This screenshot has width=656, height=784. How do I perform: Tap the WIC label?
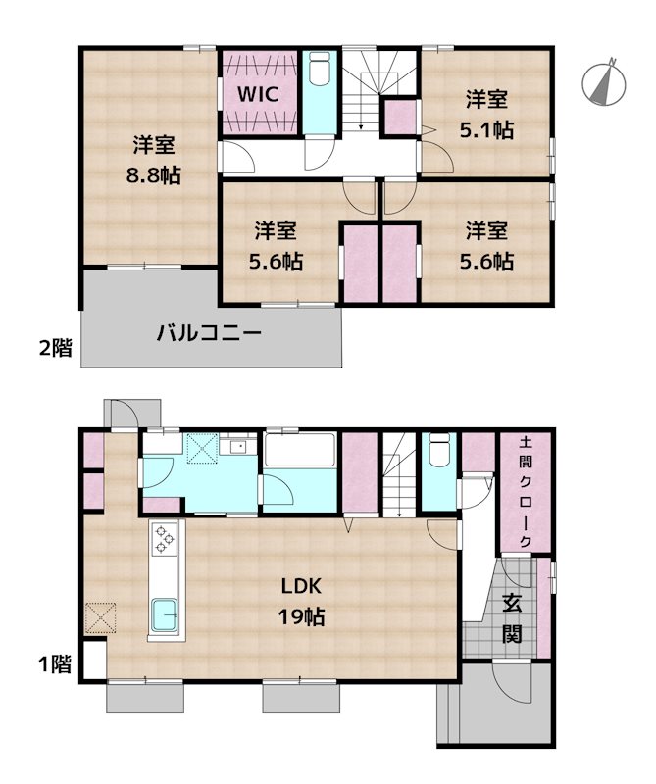coord(259,94)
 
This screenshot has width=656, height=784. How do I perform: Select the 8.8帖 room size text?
coord(154,175)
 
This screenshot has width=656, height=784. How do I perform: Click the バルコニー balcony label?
coord(209,333)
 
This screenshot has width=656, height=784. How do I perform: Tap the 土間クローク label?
coord(525,492)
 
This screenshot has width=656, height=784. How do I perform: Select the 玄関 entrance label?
coord(512,618)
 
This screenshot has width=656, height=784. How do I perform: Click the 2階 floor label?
coord(55,347)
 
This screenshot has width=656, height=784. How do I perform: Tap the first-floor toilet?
coord(438,457)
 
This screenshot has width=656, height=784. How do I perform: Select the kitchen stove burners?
coord(163,540)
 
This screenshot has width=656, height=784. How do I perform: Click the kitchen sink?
coord(163,615)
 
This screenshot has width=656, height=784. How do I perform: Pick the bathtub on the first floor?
coord(301,454)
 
